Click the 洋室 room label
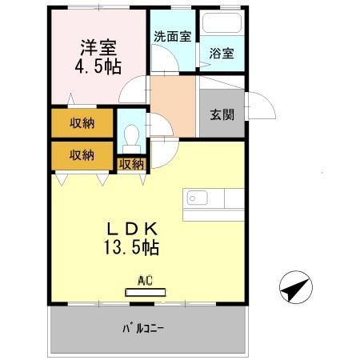point(98,47)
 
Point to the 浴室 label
point(222,54)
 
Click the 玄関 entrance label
point(222,114)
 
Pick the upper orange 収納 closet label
point(82,123)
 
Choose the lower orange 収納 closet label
point(82,154)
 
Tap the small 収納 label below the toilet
point(131,164)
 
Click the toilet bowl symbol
point(130,134)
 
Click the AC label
point(145,280)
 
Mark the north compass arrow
point(294,287)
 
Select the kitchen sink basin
point(196,198)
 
